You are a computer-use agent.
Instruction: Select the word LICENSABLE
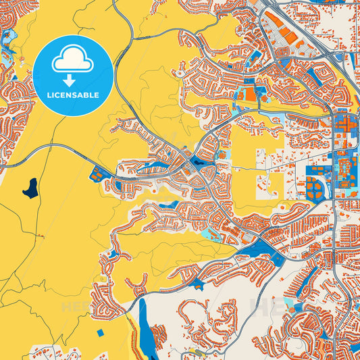[x=72, y=95]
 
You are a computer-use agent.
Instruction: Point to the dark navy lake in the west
[x=30, y=187]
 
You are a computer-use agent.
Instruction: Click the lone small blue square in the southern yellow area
[x=101, y=332]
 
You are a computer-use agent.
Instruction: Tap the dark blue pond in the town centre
[x=200, y=161]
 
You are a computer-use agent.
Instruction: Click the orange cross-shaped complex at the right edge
[x=343, y=124]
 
